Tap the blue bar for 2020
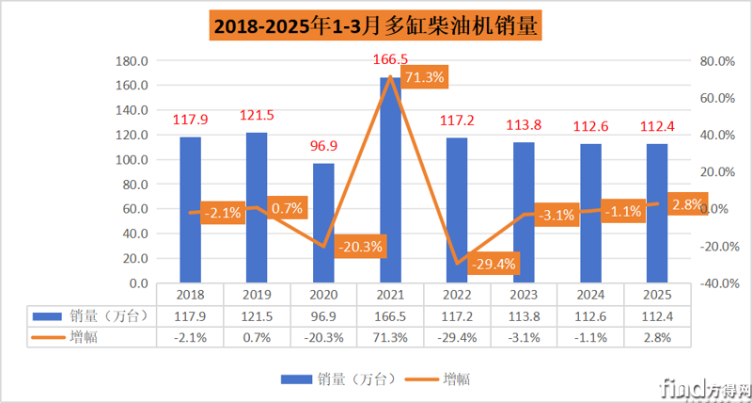pos(323,223)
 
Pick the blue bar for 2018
pos(191,210)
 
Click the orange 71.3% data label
pos(423,77)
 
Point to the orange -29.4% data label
pos(492,264)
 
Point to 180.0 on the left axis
pos(131,61)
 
